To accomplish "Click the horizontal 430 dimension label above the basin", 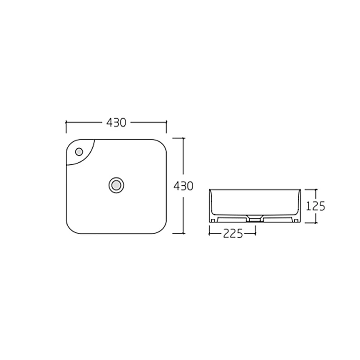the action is click(x=116, y=122).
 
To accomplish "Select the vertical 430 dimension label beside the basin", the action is click(x=183, y=186).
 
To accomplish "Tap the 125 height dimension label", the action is click(x=316, y=206).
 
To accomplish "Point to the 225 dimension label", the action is click(x=233, y=234).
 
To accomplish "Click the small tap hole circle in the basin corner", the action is click(x=79, y=152).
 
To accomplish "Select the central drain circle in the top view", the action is click(x=117, y=185).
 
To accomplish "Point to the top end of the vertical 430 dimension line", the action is click(x=183, y=138).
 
